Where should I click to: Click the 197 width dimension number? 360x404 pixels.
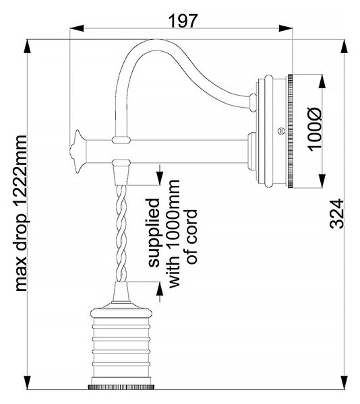point(183,21)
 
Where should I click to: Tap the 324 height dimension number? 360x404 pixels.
point(337,213)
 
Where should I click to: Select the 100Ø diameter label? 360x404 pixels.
point(314,129)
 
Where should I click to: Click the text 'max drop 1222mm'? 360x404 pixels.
point(21,213)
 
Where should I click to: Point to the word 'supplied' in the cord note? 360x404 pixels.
point(154,232)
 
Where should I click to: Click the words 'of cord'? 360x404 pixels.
point(192,236)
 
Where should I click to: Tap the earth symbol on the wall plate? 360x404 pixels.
point(281,131)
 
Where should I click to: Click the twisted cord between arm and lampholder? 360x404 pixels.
point(121,234)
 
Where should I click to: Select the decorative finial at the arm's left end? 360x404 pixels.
point(78,151)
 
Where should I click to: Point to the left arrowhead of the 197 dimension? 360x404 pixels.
point(77,28)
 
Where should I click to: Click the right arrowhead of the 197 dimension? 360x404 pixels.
point(286,28)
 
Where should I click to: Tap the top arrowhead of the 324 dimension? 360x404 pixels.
point(344,46)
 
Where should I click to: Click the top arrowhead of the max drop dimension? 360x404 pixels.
point(27,46)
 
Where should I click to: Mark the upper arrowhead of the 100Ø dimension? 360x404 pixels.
point(322,81)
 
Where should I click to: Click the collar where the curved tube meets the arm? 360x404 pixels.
point(121,139)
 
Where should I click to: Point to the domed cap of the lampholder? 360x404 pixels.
point(121,311)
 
